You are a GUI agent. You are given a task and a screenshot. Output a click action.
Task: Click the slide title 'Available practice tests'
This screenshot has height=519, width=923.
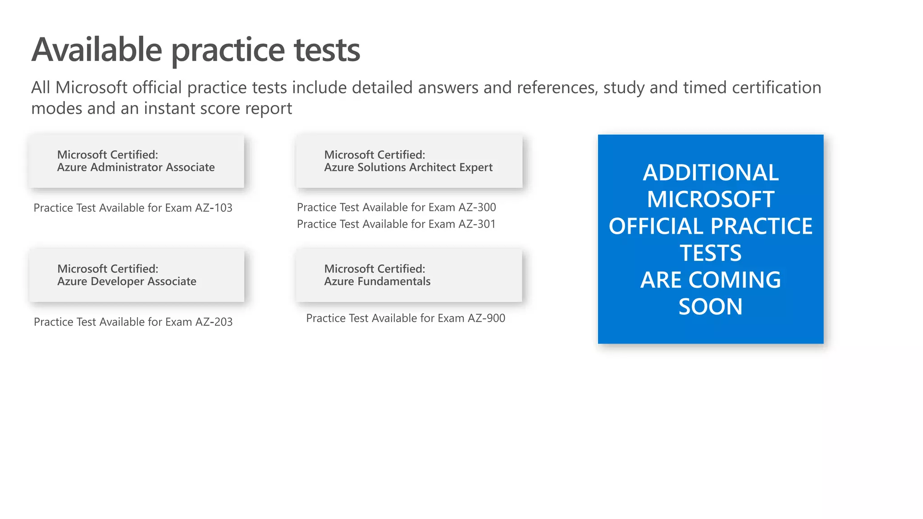point(196,50)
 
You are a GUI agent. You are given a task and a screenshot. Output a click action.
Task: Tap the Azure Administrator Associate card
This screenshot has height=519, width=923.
point(136,161)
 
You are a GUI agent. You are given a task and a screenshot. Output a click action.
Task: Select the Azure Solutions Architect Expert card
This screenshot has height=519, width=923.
point(408,161)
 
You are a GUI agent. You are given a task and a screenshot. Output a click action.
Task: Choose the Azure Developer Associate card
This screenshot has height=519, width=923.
point(137,275)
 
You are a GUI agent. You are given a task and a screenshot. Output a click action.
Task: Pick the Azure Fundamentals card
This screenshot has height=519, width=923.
point(408,275)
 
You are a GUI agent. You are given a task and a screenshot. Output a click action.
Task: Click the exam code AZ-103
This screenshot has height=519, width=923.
point(214,208)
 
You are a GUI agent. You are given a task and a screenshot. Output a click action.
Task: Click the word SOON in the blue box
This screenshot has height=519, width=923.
point(710,307)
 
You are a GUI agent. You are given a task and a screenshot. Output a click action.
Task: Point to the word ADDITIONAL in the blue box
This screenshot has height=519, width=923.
point(710,173)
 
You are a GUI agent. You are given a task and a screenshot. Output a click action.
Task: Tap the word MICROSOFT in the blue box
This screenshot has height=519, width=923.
point(710,200)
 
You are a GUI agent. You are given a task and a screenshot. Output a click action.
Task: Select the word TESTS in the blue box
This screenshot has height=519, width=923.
point(710,253)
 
